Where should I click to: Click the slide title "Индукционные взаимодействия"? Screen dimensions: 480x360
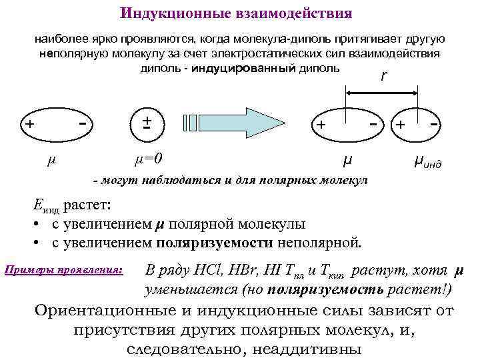pyautogui.click(x=236, y=13)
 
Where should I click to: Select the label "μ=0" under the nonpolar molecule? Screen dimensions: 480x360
pyautogui.click(x=149, y=159)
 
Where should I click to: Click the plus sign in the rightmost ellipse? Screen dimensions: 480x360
pyautogui.click(x=401, y=125)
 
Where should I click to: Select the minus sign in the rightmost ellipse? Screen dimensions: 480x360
pyautogui.click(x=434, y=123)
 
